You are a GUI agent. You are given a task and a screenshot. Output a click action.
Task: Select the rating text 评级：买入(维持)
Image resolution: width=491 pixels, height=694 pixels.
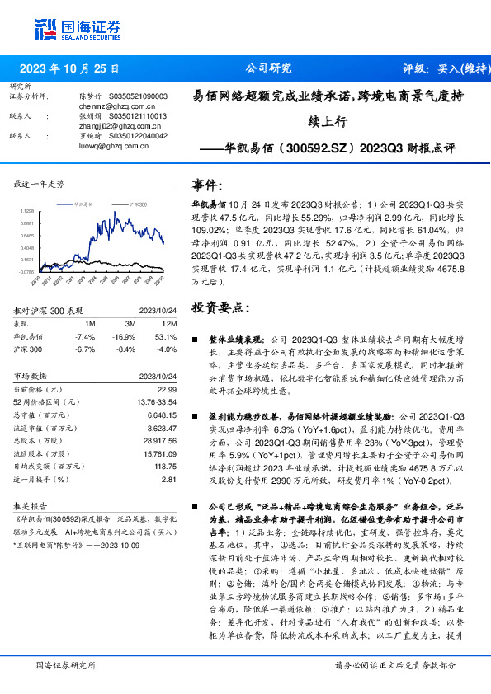441,69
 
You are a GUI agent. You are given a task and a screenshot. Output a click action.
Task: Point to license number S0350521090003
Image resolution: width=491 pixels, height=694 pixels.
138,96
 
